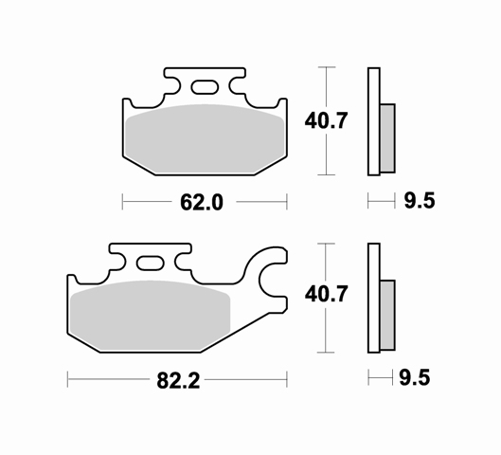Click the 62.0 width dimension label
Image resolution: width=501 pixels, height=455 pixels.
(202, 202)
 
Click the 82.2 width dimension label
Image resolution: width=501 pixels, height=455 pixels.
(178, 380)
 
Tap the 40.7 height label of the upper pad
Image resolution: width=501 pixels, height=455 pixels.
(326, 121)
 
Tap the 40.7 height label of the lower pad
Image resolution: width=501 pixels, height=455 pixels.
(326, 294)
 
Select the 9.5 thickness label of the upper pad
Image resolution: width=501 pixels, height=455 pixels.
(420, 201)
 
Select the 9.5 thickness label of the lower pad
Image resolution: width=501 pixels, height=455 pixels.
(415, 377)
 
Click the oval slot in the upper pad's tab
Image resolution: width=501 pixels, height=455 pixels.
(205, 87)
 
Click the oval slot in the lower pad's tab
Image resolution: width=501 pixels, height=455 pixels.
(151, 264)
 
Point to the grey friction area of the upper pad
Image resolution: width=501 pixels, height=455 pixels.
(205, 139)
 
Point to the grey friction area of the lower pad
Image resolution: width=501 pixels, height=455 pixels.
(151, 316)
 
